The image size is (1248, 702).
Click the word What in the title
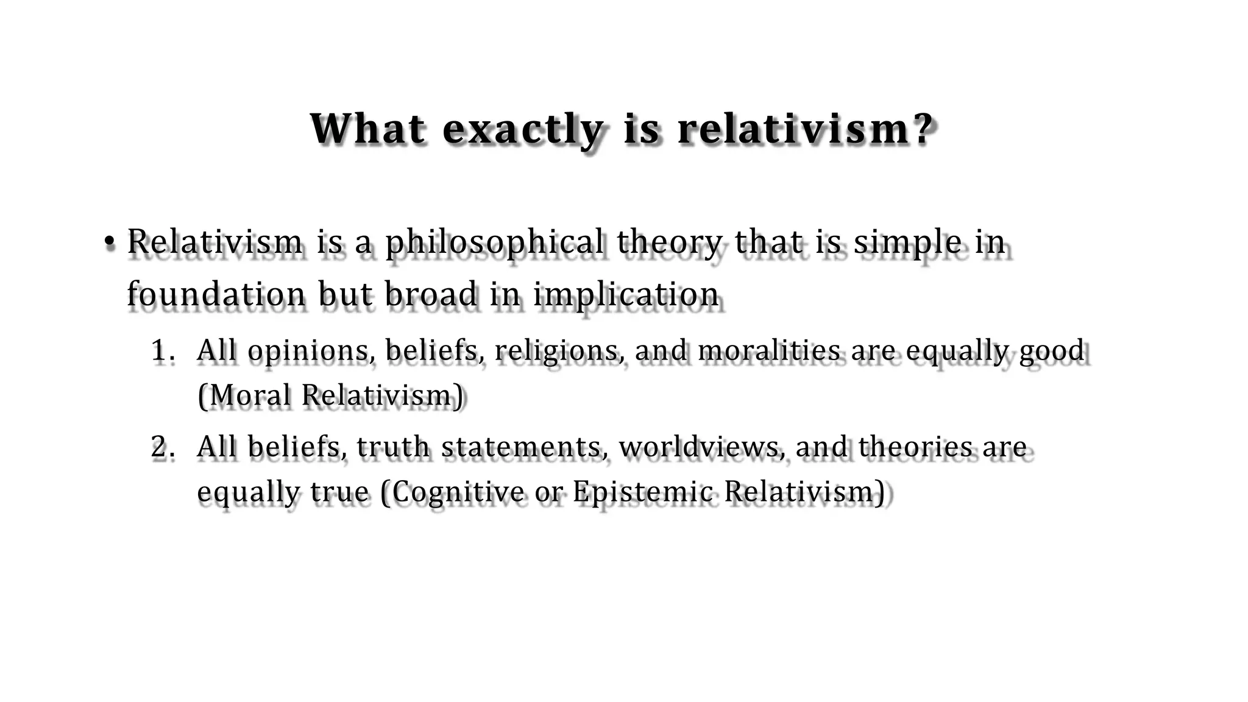click(x=367, y=129)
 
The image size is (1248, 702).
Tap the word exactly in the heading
click(x=523, y=130)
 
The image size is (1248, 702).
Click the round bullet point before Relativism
click(x=109, y=243)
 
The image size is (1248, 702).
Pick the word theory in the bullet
click(x=669, y=243)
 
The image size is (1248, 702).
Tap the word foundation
click(x=216, y=294)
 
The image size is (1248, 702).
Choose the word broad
click(x=431, y=294)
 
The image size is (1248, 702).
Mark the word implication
click(x=626, y=295)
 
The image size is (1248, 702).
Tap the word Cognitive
click(x=457, y=492)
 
